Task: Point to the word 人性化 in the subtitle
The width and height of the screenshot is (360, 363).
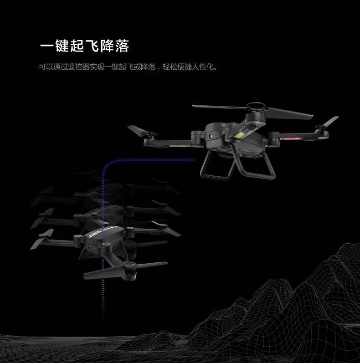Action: click(201, 67)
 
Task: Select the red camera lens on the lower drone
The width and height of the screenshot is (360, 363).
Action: click(90, 246)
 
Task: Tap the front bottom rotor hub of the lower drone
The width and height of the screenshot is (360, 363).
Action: click(129, 267)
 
